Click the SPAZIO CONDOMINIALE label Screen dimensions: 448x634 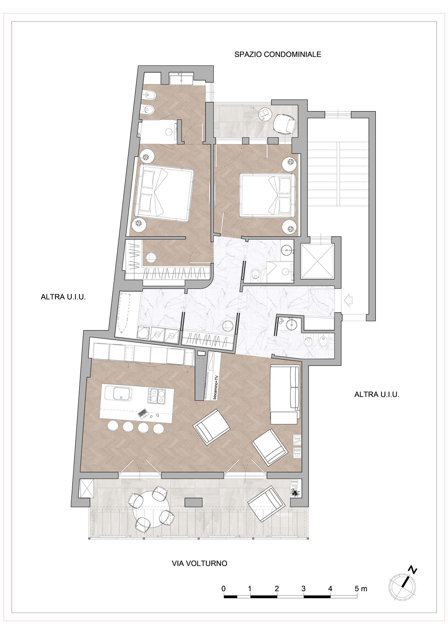(278, 54)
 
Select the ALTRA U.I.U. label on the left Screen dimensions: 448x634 (63, 297)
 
